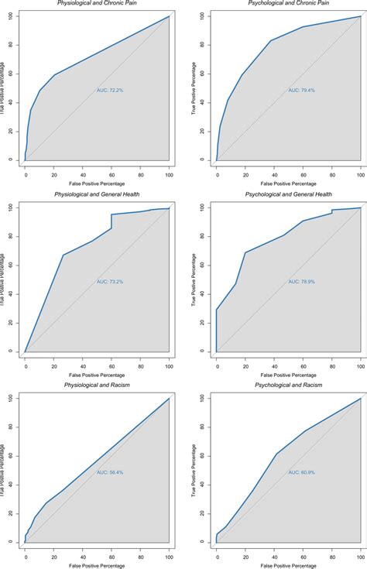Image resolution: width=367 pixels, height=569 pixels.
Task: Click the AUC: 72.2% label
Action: click(109, 90)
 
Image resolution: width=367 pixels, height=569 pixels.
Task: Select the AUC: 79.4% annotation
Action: click(300, 90)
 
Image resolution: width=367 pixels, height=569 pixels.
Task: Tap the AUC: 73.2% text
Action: click(109, 281)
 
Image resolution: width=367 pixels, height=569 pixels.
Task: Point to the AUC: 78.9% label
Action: click(300, 281)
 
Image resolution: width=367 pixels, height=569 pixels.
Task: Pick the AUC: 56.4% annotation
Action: click(109, 471)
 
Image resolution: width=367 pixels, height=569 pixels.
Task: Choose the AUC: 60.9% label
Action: click(300, 471)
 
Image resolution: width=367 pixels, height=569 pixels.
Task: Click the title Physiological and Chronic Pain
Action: click(98, 3)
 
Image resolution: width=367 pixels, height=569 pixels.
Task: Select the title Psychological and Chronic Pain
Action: click(289, 3)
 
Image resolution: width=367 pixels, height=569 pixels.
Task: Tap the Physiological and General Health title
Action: click(98, 194)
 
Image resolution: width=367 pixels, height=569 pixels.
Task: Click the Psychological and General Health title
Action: click(289, 194)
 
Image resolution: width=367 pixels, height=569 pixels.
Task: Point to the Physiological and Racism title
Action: click(98, 384)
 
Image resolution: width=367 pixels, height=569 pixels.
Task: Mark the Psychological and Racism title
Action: click(289, 384)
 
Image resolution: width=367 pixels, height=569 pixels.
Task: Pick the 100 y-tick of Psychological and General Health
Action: click(204, 207)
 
